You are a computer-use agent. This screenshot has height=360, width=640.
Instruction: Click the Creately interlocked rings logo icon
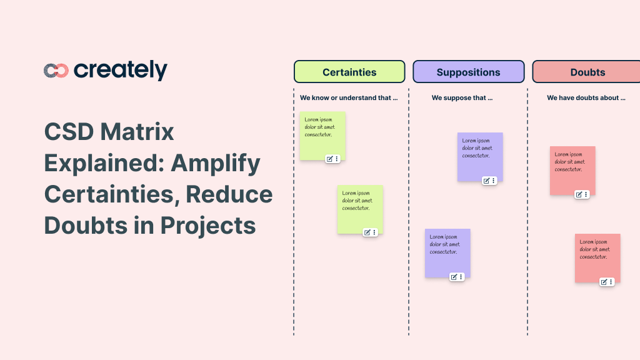click(x=56, y=71)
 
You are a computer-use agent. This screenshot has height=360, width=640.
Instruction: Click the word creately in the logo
click(x=121, y=70)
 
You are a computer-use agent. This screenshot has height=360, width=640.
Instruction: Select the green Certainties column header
click(x=349, y=72)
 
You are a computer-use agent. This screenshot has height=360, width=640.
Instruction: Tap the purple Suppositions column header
click(x=468, y=72)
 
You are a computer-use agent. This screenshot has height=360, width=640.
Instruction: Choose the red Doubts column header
click(x=587, y=72)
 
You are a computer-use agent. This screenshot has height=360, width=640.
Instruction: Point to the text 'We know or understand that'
click(x=349, y=98)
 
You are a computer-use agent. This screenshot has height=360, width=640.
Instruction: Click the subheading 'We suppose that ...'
click(x=462, y=98)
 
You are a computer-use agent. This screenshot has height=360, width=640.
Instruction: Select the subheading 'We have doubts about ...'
click(x=586, y=98)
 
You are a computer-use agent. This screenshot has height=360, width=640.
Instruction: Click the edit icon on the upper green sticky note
click(x=329, y=159)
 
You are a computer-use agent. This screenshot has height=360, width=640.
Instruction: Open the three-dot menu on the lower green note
click(x=374, y=232)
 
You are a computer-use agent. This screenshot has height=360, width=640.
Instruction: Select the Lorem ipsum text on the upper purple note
click(x=477, y=148)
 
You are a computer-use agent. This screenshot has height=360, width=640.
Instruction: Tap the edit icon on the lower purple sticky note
click(x=454, y=277)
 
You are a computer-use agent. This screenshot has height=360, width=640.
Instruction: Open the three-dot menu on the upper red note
click(x=586, y=194)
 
